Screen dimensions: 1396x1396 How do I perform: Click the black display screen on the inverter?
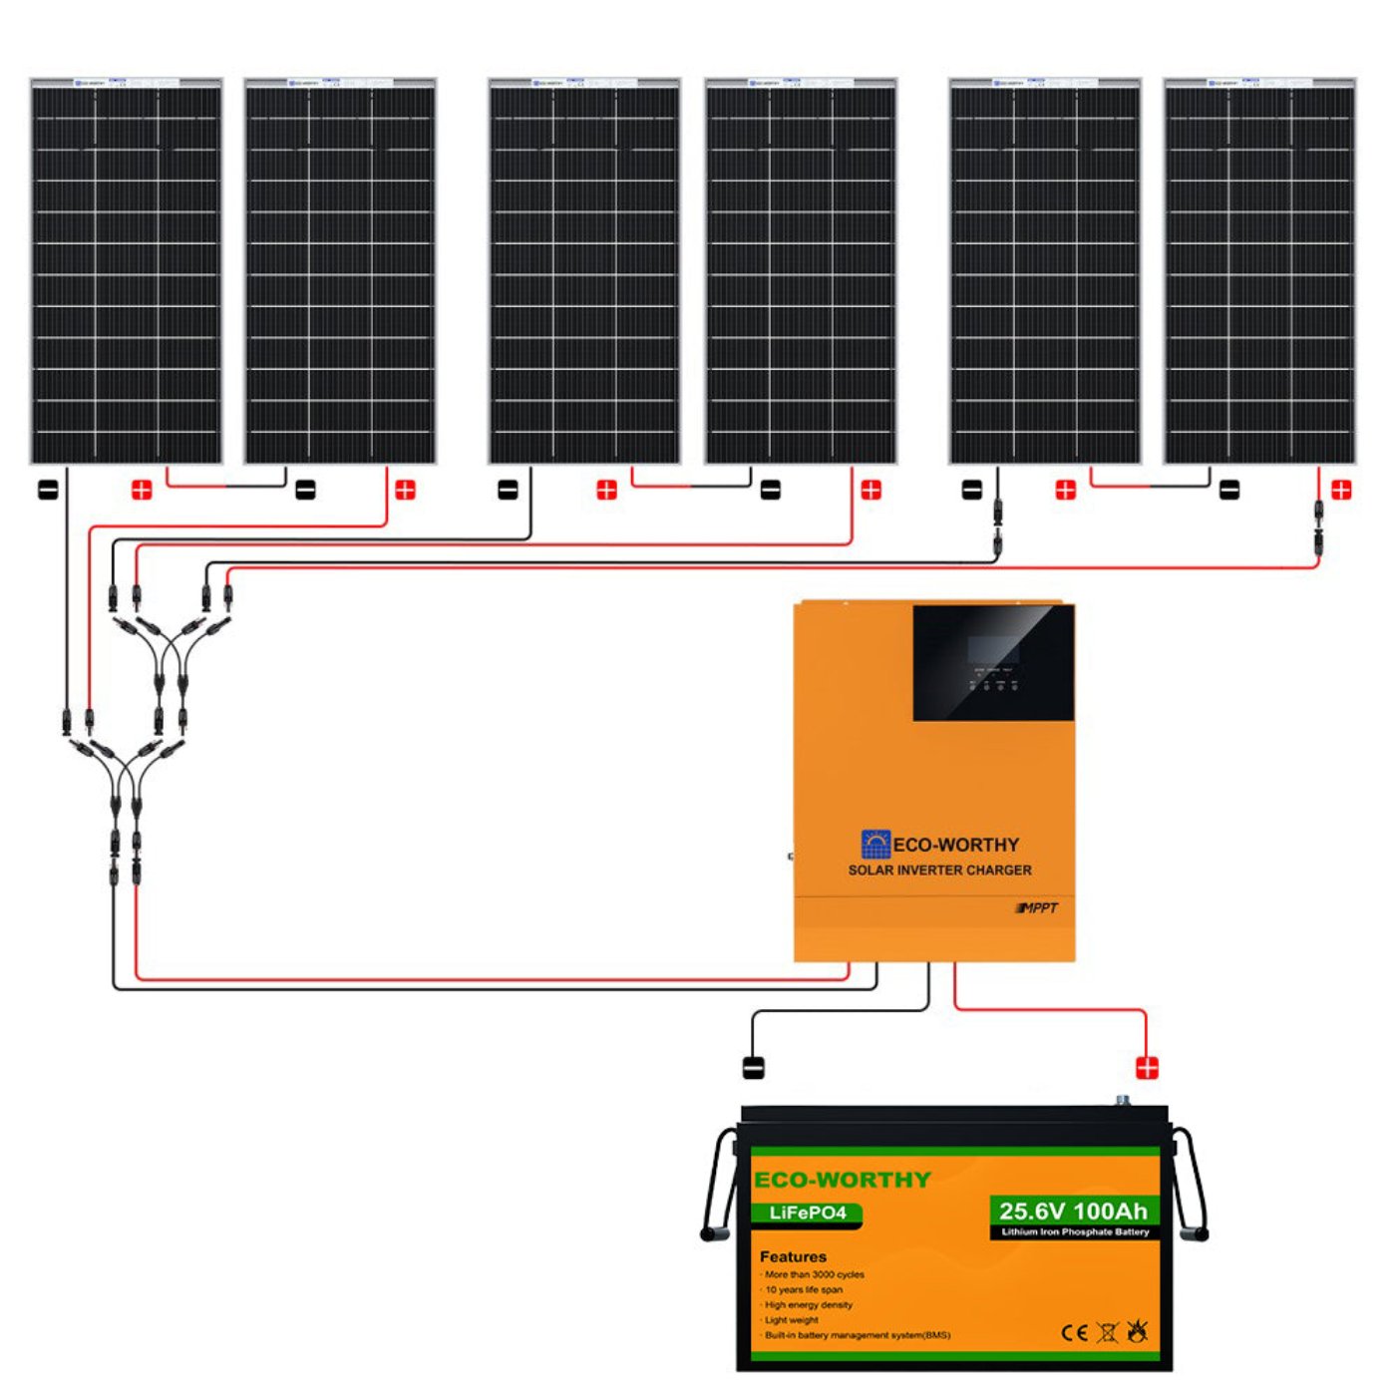tap(993, 662)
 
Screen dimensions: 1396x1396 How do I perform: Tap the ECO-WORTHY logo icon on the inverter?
tap(874, 844)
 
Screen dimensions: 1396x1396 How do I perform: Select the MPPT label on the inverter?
tap(1038, 907)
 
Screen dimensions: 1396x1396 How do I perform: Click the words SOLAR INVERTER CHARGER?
tap(939, 870)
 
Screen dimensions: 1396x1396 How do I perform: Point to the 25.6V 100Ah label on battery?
tap(1073, 1211)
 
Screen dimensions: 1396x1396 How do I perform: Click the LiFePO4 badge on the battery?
tap(808, 1214)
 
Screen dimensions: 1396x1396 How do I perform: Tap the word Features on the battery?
tap(793, 1256)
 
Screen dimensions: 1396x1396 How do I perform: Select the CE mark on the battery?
tap(1074, 1333)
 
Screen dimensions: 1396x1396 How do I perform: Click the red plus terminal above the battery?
tap(1147, 1068)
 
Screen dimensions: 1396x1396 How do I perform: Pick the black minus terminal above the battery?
tap(754, 1068)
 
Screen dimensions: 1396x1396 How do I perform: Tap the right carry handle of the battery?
tap(1191, 1187)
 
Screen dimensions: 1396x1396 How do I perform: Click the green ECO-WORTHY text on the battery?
tap(843, 1180)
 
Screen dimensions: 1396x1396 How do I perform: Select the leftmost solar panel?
tap(126, 271)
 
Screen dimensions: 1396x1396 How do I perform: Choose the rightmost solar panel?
tap(1259, 271)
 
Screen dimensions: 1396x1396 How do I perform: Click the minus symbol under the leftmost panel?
tap(48, 490)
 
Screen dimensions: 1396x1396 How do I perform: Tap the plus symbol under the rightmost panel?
tap(1341, 490)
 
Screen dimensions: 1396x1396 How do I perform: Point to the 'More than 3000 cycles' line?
tap(814, 1274)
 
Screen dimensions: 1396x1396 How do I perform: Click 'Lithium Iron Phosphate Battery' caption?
tap(1075, 1232)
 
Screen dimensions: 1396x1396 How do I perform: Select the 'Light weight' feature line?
tap(792, 1319)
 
